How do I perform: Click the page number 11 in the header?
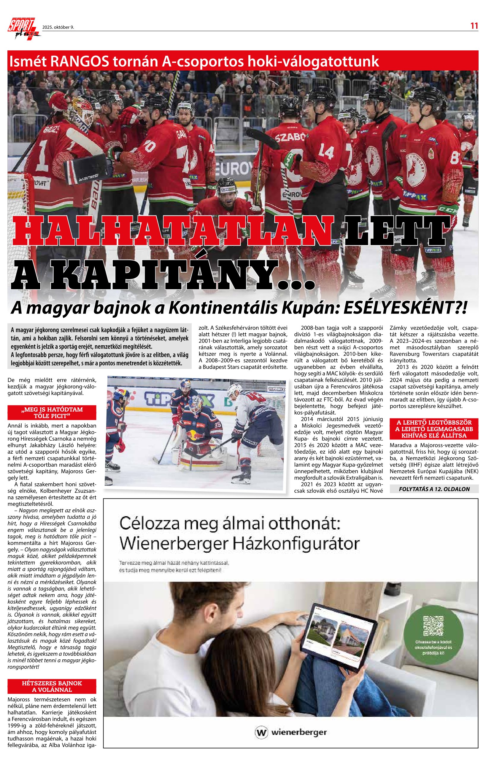(474, 26)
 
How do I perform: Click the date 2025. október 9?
(58, 27)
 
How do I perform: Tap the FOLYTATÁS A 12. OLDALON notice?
(434, 489)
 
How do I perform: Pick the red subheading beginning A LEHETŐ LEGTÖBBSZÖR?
(434, 429)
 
